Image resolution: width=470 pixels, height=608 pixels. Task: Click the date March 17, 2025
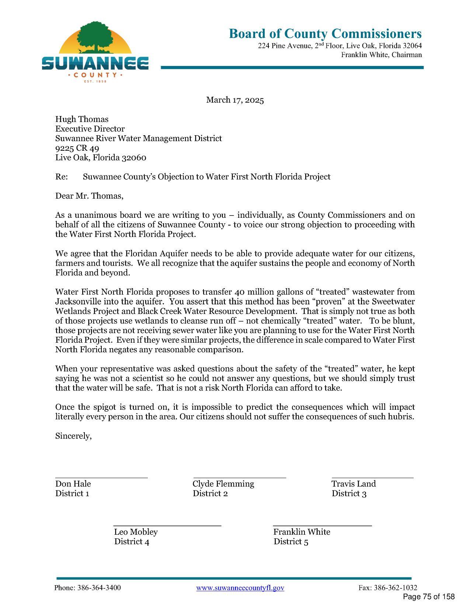point(235,100)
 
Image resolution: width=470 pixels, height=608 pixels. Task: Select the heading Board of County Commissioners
point(325,34)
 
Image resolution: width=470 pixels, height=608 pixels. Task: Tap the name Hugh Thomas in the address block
point(82,119)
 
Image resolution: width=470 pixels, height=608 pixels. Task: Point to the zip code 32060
point(134,158)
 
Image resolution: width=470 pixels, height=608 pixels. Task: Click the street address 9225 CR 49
point(77,148)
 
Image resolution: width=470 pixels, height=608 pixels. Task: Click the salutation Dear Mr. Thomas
point(89,196)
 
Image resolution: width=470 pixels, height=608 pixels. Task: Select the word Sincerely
point(73,436)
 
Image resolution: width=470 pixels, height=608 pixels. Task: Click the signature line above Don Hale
point(101,478)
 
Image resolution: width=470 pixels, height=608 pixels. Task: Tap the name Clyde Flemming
point(223,484)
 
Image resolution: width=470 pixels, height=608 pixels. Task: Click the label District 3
point(349,494)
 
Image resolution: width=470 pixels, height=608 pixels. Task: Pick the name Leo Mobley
point(136,532)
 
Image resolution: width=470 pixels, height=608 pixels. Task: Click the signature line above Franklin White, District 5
point(322,526)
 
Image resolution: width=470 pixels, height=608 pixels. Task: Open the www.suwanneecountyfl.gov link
point(240,588)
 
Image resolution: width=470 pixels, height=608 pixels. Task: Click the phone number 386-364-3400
point(99,588)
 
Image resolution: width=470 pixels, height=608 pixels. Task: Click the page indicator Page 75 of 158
point(429,597)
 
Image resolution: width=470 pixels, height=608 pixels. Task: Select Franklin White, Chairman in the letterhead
point(381,55)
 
